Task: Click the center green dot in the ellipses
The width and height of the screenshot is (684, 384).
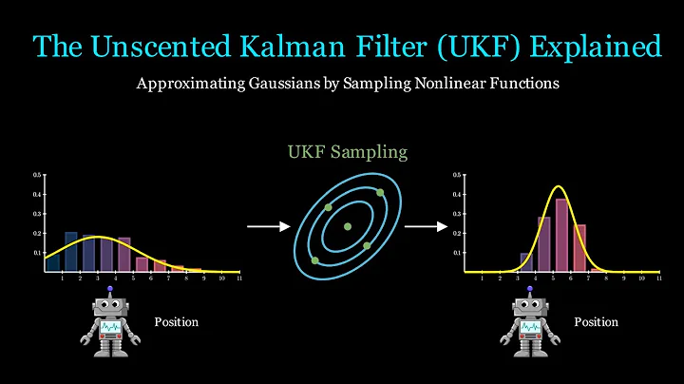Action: [x=348, y=226]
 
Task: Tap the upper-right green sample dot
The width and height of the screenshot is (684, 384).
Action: [x=380, y=192]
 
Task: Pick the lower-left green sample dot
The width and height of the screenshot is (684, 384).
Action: [x=314, y=259]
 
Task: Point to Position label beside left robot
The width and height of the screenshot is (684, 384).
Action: [x=177, y=322]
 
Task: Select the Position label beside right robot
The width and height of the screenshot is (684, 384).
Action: [x=596, y=322]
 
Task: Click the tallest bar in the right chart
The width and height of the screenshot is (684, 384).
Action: [x=561, y=236]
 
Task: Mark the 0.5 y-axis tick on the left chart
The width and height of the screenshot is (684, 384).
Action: [x=37, y=176]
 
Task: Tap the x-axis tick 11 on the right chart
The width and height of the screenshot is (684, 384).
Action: [x=658, y=278]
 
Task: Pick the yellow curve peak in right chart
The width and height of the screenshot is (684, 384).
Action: [x=560, y=185]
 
